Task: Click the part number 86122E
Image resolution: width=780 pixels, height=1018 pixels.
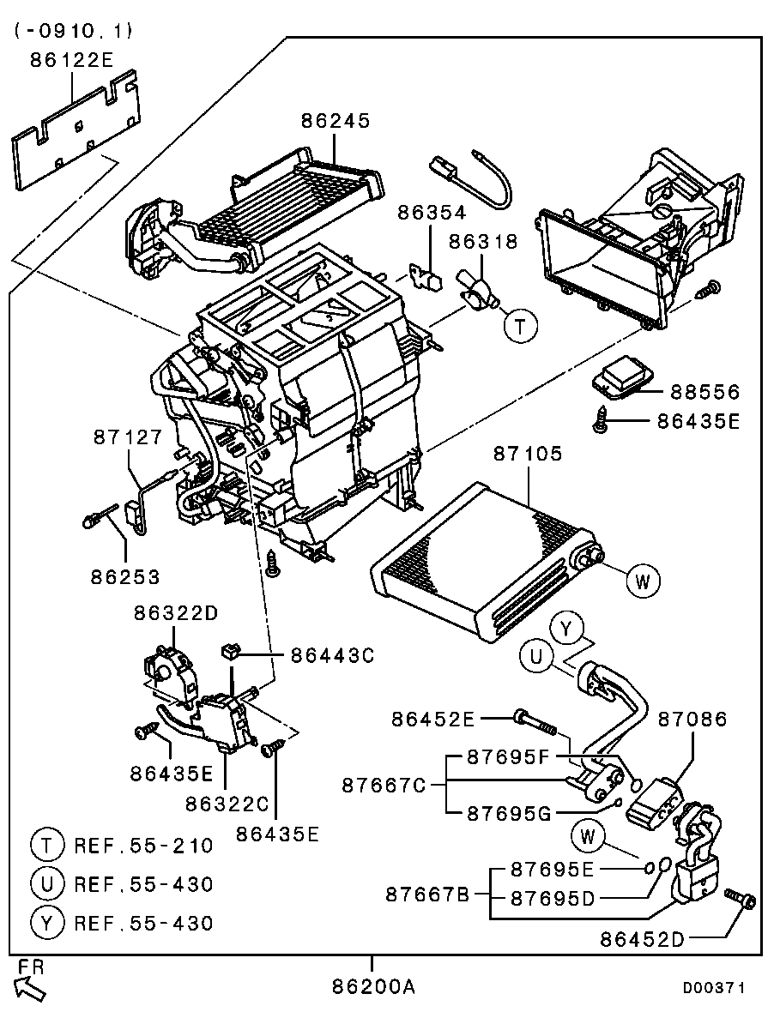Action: [x=71, y=60]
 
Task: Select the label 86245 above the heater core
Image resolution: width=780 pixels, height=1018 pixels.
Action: [x=336, y=121]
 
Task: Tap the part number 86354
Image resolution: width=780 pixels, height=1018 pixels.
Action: [x=431, y=213]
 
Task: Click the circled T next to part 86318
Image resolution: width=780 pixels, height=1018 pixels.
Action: [x=520, y=326]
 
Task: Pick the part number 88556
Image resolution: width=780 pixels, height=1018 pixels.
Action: [x=704, y=392]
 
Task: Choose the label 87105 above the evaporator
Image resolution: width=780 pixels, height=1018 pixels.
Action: [x=528, y=454]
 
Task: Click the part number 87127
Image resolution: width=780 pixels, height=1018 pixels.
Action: [x=127, y=437]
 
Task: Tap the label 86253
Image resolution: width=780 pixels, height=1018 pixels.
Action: [x=125, y=576]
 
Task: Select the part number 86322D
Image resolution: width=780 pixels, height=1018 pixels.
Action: [x=176, y=613]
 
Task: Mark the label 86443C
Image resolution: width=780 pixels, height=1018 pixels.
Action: [x=332, y=656]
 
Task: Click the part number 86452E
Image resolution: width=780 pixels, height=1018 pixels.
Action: [x=432, y=718]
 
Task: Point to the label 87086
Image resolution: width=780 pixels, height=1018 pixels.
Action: [x=692, y=719]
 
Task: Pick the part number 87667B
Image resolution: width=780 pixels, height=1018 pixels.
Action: [x=426, y=895]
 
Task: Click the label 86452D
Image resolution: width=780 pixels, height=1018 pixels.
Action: [x=642, y=939]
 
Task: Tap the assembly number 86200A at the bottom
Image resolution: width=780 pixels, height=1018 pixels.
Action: [x=373, y=987]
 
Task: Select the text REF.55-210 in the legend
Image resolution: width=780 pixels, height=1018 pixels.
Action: [x=143, y=846]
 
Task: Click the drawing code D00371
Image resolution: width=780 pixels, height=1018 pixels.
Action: [x=713, y=988]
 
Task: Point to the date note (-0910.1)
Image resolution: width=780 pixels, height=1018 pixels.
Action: [x=73, y=31]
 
